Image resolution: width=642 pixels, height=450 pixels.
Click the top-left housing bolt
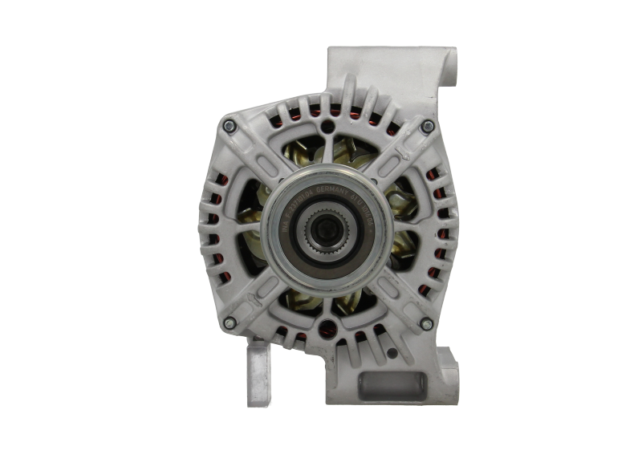click(x=230, y=125)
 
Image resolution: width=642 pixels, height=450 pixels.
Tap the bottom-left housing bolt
click(x=230, y=322)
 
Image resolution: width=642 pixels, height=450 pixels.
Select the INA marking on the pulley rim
click(x=283, y=233)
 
